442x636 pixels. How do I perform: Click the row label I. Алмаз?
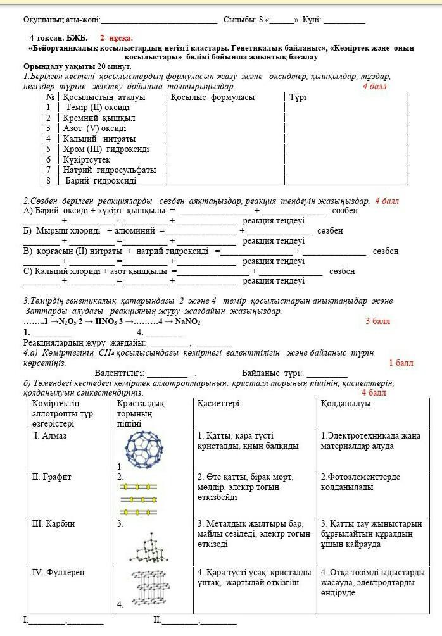click(x=50, y=435)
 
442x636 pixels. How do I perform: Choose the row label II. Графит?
click(x=51, y=477)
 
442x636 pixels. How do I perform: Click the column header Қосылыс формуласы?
click(x=212, y=97)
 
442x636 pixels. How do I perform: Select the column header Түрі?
click(x=298, y=97)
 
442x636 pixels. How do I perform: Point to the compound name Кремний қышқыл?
click(x=99, y=118)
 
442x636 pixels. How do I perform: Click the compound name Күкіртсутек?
click(x=87, y=159)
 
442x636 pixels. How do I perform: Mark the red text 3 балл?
click(x=378, y=321)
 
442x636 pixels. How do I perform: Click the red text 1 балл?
click(x=401, y=363)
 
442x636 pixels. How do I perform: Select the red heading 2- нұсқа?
click(x=117, y=38)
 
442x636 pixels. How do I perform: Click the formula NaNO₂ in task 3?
click(x=187, y=321)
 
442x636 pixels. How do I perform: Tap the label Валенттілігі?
click(x=119, y=373)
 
